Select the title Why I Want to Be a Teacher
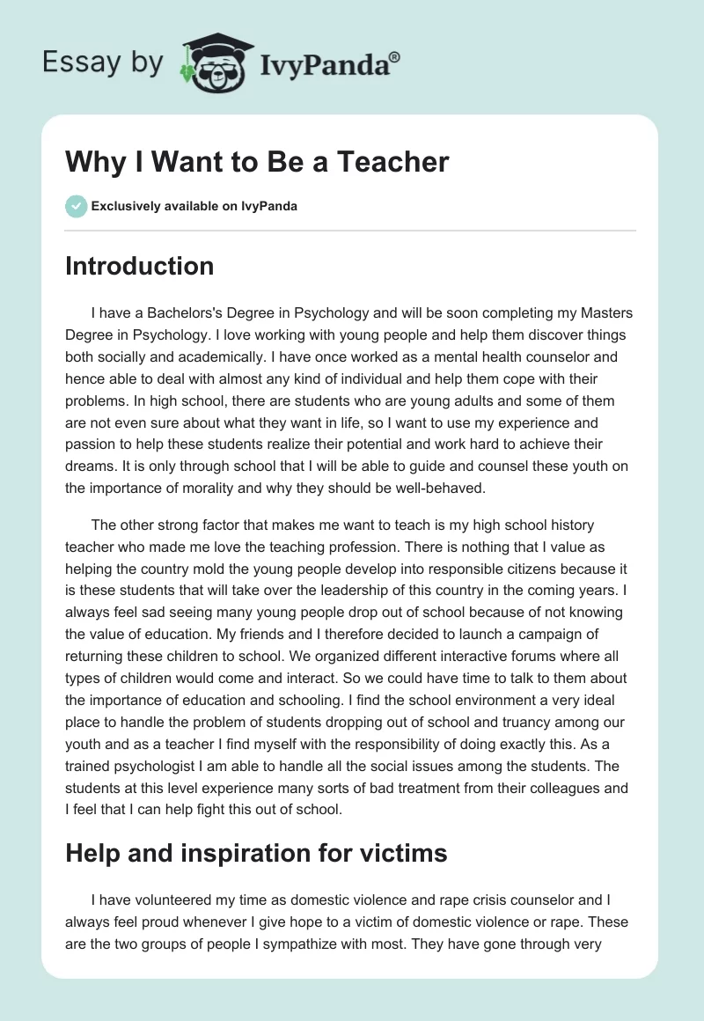[257, 162]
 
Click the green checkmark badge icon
[76, 206]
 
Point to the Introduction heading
[139, 266]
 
